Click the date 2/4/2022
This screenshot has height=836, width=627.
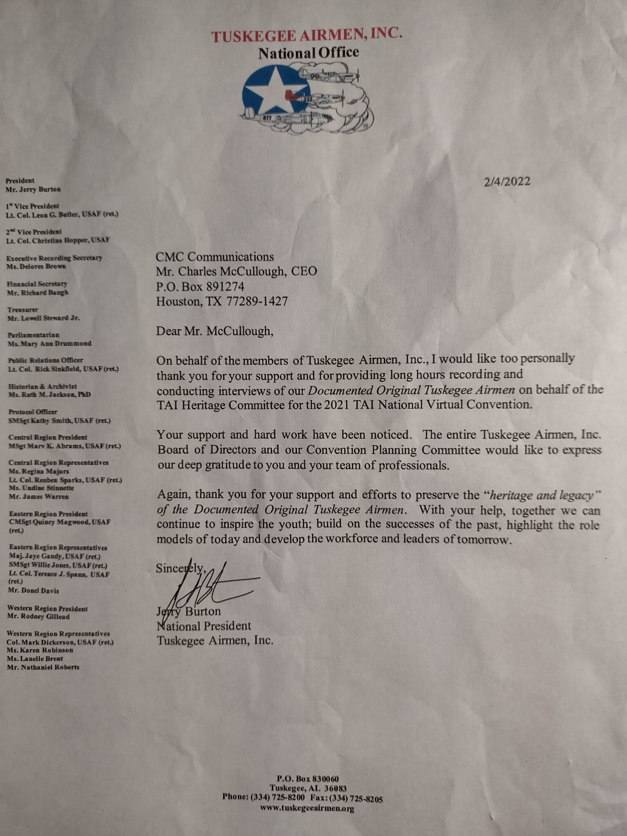(507, 181)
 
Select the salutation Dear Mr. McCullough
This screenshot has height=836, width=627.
(214, 331)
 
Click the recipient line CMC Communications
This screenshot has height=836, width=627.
(215, 257)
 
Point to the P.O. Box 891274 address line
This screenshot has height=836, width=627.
(200, 286)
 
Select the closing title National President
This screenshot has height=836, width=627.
(204, 626)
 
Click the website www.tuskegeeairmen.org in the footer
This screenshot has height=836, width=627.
(307, 808)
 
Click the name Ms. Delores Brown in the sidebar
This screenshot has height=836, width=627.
(36, 266)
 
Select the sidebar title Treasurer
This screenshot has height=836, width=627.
(23, 310)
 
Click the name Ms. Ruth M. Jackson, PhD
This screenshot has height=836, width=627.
(49, 394)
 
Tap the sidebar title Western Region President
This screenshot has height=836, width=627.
(47, 608)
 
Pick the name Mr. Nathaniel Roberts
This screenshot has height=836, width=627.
(43, 667)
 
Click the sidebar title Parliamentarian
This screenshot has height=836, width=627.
(33, 335)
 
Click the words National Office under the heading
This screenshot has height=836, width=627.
(308, 53)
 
